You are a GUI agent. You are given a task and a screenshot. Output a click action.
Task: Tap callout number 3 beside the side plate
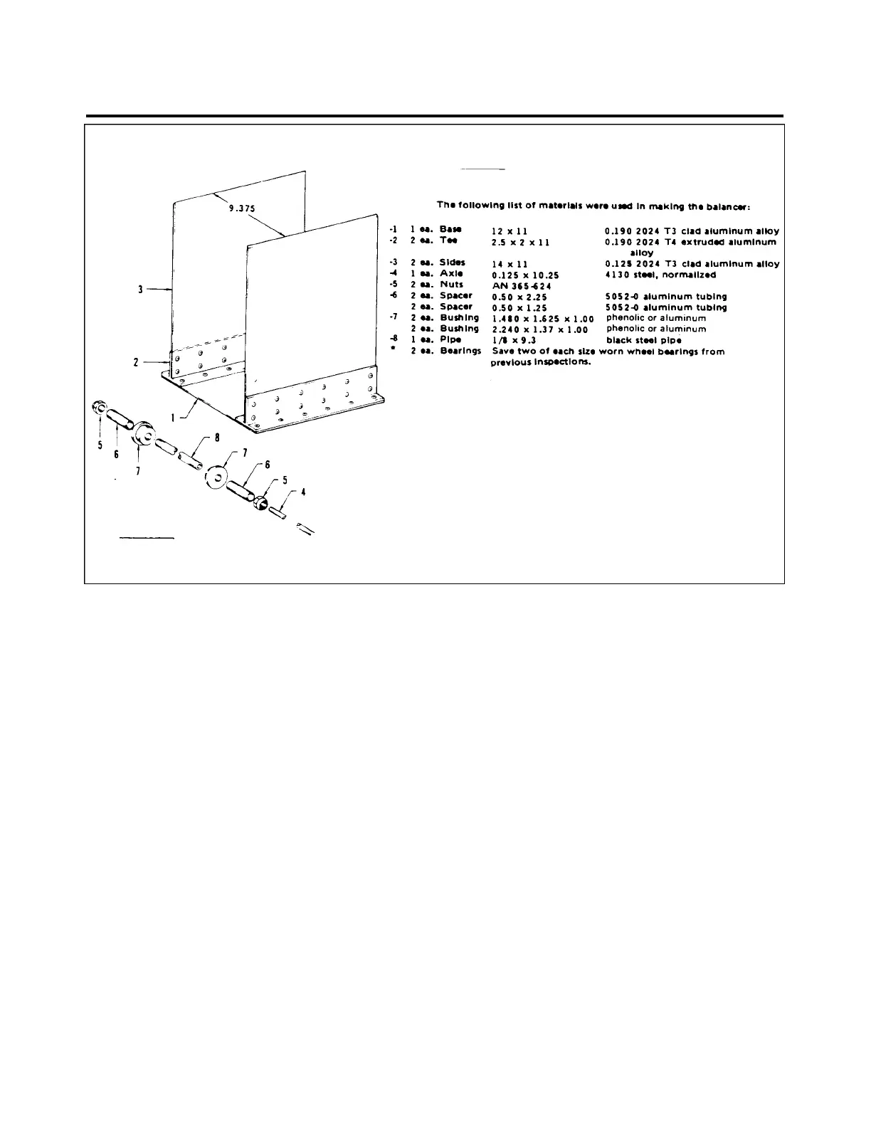coord(142,290)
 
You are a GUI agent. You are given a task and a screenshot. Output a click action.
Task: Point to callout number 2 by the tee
coord(136,362)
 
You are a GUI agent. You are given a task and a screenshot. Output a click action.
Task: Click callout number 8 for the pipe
coord(207,438)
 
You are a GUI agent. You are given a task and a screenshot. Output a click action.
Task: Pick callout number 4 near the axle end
coord(304,491)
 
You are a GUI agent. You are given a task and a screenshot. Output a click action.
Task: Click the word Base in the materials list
coord(450,229)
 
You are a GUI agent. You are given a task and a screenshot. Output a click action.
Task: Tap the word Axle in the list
coord(451,273)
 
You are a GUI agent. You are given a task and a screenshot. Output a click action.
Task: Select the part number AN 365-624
coord(521,286)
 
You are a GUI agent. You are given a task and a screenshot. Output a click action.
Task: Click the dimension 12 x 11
coord(510,231)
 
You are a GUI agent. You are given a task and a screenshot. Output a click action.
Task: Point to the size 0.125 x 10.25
coord(530,275)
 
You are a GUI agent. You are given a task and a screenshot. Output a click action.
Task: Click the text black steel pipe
coord(643,340)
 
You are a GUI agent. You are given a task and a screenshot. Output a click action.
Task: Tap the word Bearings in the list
coord(460,351)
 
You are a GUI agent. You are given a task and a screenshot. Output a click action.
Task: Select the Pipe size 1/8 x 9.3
coord(514,341)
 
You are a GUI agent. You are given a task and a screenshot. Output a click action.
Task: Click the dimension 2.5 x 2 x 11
coord(521,243)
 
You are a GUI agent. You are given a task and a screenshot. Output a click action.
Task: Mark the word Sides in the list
coord(452,263)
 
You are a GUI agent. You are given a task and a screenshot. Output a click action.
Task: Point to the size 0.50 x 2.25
coord(520,297)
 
